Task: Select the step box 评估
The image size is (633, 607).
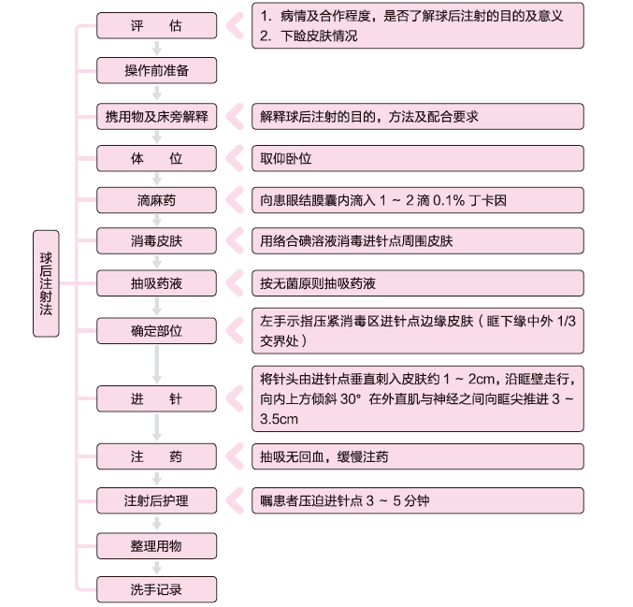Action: tap(157, 26)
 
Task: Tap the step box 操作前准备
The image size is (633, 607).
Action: tap(157, 70)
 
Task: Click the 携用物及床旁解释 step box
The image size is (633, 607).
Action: tap(157, 117)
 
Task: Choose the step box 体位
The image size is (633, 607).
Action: tap(157, 158)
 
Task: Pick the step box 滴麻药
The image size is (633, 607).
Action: tap(157, 199)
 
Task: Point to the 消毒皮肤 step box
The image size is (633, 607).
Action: tap(157, 241)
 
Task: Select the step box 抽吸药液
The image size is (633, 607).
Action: tap(157, 282)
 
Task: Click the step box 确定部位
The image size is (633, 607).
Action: tap(157, 331)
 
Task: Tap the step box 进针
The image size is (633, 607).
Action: tap(157, 399)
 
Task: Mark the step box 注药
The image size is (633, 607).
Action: tap(157, 457)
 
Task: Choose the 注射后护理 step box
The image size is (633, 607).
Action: tap(157, 500)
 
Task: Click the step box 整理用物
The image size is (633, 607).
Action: tap(157, 545)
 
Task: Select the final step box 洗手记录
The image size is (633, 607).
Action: tap(157, 590)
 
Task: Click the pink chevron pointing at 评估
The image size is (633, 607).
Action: tap(234, 26)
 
